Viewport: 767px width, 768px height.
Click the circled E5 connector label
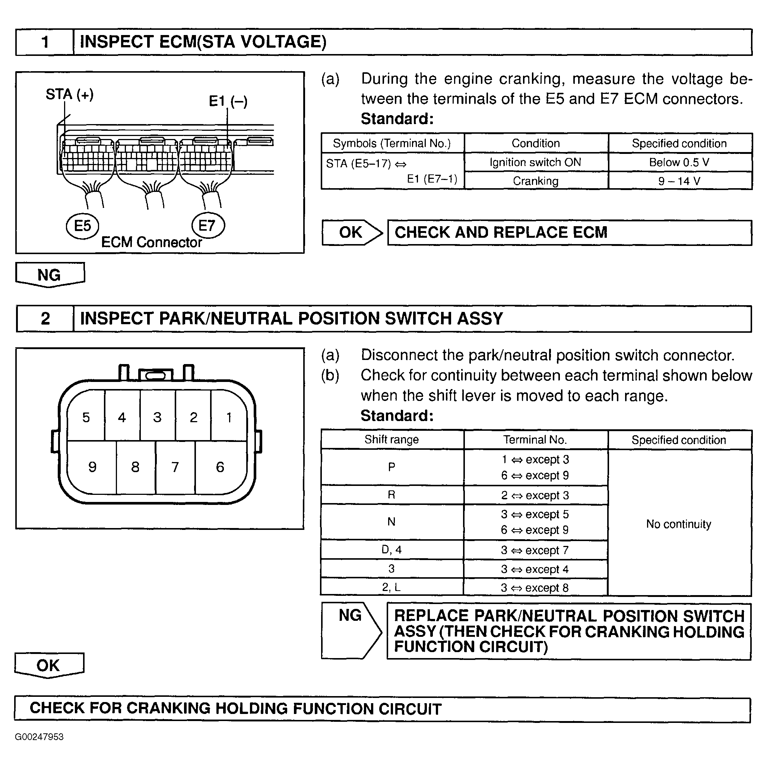82,226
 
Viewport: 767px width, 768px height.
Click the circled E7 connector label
208,225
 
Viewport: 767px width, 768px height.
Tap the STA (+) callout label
70,95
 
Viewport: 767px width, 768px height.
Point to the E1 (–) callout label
228,101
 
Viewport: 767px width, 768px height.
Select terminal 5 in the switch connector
86,417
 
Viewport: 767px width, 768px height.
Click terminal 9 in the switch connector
92,467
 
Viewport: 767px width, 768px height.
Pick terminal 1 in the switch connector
229,417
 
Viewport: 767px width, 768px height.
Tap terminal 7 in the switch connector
175,467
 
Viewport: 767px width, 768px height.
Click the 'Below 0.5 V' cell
679,162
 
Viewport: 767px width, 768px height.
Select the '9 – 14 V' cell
679,181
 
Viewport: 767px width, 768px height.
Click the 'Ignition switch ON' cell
535,162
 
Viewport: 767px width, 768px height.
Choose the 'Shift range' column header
392,440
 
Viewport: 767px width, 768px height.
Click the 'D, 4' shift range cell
392,550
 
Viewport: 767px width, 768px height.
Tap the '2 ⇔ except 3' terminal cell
535,495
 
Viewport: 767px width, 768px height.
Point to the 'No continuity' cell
679,524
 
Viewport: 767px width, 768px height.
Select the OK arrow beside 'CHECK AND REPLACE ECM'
351,233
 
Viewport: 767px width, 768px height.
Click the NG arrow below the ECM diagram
49,275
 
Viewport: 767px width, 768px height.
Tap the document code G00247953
39,737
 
